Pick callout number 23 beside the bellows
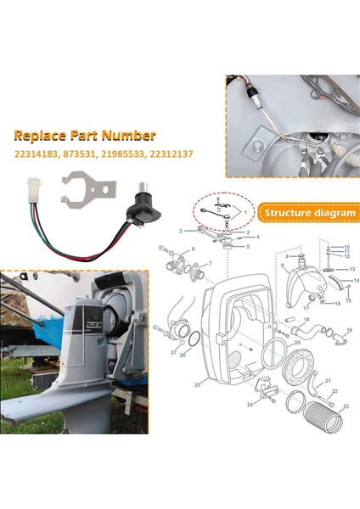pos(345,406)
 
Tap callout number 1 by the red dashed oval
pos(248,210)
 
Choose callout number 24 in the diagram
pos(250,405)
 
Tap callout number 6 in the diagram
pos(193,249)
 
